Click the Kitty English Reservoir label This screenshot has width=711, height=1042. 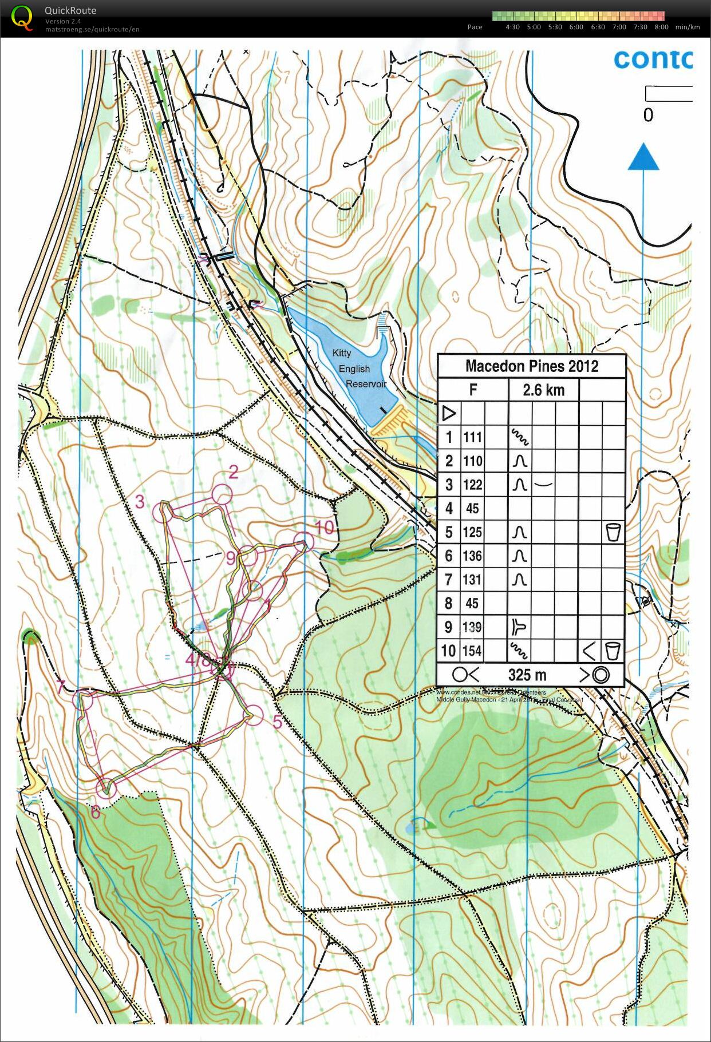coord(358,369)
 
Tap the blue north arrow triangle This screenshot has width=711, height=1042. coord(643,158)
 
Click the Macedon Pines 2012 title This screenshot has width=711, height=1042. coord(531,366)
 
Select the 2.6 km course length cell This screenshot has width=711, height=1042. coord(543,390)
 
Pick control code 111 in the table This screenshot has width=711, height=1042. coord(472,438)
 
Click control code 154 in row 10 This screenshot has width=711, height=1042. coord(472,651)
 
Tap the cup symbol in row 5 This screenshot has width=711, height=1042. coord(613,532)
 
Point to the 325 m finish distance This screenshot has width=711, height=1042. coord(527,675)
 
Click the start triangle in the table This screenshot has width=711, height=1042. coord(449,413)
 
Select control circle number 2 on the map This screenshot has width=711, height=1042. coord(222,494)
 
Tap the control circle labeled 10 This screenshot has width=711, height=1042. coord(304,541)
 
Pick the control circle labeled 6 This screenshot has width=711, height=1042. coord(106,788)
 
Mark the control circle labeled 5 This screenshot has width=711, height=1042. coord(254,715)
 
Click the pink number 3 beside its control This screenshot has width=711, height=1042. coord(140,502)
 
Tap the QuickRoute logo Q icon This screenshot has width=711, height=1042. coord(22,17)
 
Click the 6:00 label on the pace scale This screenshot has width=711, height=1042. coord(576,27)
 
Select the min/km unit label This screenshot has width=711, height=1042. coord(687,27)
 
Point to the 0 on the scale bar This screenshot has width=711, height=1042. coord(647,115)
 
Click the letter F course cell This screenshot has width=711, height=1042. coord(473,390)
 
